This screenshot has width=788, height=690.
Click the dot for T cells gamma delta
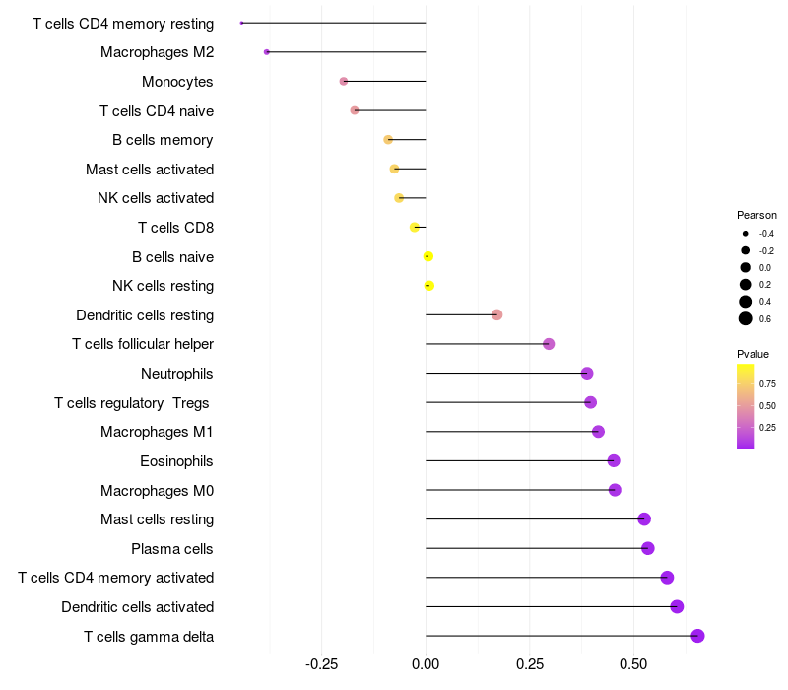pos(697,636)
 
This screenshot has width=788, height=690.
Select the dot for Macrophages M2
pos(267,52)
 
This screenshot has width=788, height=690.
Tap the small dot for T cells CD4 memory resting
pos(241,23)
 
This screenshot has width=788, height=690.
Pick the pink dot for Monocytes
pos(344,82)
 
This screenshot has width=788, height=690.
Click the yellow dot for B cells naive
pos(428,256)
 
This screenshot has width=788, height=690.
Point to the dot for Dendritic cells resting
pos(497,314)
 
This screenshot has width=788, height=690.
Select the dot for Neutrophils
pos(587,374)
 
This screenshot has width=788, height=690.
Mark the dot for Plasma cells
pos(648,548)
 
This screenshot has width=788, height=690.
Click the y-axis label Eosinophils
pos(176,461)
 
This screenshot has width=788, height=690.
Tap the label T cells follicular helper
pos(143,344)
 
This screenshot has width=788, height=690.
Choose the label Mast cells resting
pos(158,519)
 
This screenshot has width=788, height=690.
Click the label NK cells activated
pos(156,198)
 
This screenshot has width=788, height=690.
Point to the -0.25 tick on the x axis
pos(322,664)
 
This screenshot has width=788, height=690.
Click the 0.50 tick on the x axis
pos(633,664)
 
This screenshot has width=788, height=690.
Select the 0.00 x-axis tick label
pos(426,664)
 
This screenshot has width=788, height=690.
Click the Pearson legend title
pos(756,215)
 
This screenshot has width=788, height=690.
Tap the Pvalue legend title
pos(753,354)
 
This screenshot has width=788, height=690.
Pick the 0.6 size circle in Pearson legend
pos(746,318)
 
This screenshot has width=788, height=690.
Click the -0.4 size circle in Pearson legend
pos(746,234)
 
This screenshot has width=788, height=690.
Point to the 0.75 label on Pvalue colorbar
pos(767,384)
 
